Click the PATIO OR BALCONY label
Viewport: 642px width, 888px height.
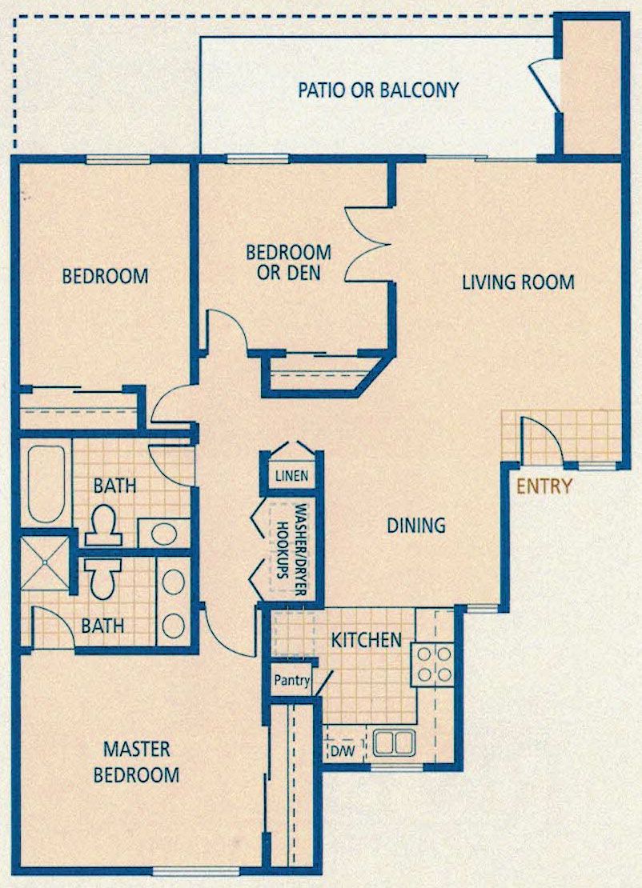click(x=378, y=90)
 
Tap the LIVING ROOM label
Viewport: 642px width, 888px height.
click(x=518, y=282)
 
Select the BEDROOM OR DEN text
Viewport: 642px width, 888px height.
click(x=288, y=262)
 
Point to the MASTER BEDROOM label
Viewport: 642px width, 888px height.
click(x=136, y=762)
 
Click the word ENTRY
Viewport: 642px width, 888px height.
click(x=544, y=486)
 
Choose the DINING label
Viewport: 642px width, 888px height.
click(x=416, y=526)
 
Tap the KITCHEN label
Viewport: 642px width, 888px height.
click(x=366, y=641)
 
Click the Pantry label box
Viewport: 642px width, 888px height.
click(x=292, y=680)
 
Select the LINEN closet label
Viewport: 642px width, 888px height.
click(x=292, y=475)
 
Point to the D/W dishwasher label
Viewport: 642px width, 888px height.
click(x=342, y=752)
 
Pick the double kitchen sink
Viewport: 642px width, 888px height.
click(x=395, y=742)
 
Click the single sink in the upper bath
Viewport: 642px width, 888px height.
click(x=164, y=534)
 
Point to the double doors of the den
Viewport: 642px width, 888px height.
click(x=368, y=244)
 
